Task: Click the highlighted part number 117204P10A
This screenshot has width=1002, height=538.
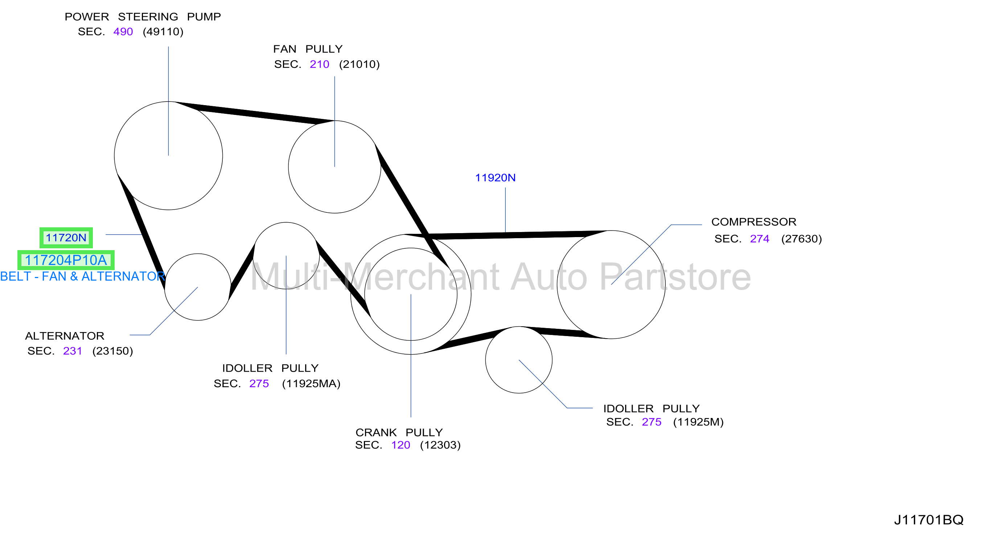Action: pyautogui.click(x=66, y=260)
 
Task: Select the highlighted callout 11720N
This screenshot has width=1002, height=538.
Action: pyautogui.click(x=66, y=237)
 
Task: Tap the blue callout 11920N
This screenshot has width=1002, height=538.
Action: pyautogui.click(x=495, y=178)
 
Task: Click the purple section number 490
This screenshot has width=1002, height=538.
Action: pyautogui.click(x=123, y=32)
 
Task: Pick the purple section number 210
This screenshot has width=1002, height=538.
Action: pyautogui.click(x=319, y=64)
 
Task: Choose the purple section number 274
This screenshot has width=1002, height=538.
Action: pyautogui.click(x=760, y=239)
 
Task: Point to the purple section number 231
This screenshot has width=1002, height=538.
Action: pyautogui.click(x=72, y=351)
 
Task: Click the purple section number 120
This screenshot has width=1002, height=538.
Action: pyautogui.click(x=401, y=445)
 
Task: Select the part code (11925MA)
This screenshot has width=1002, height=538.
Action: pyautogui.click(x=311, y=384)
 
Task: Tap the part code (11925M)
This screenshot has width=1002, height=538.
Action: pyautogui.click(x=698, y=422)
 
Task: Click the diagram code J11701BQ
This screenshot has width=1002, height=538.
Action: pyautogui.click(x=928, y=520)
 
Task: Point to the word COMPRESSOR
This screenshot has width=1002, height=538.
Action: pyautogui.click(x=754, y=222)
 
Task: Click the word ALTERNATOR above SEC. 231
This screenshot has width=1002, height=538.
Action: pyautogui.click(x=65, y=336)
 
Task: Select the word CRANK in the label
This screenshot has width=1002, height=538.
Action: pyautogui.click(x=376, y=432)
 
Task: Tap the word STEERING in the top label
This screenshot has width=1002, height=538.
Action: pyautogui.click(x=148, y=17)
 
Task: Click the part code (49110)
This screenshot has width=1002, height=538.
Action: pyautogui.click(x=163, y=32)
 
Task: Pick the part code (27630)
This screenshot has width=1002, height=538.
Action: pyautogui.click(x=802, y=239)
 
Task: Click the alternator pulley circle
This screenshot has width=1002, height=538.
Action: pyautogui.click(x=198, y=254)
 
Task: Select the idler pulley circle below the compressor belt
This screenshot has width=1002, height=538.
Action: pyautogui.click(x=519, y=327)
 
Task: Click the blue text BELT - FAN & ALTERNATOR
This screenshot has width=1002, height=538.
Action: pyautogui.click(x=82, y=276)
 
